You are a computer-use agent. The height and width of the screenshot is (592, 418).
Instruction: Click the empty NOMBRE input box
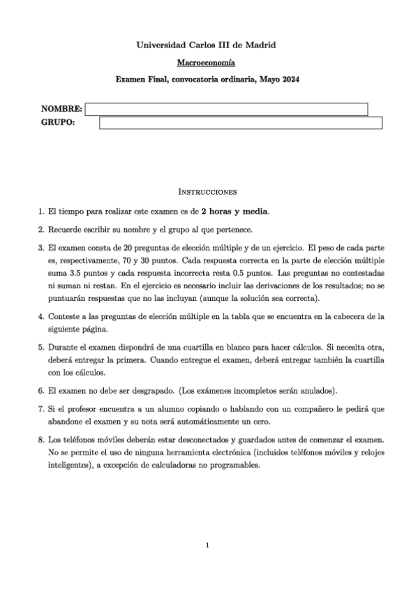pos(226,109)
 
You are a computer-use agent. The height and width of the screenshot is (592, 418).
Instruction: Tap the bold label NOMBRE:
pos(61,109)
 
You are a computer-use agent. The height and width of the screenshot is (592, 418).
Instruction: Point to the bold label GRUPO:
pos(57,124)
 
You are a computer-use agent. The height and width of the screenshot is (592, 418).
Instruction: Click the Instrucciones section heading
pos(208,191)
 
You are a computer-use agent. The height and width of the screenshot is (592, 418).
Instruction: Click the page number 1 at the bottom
pos(207,545)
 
